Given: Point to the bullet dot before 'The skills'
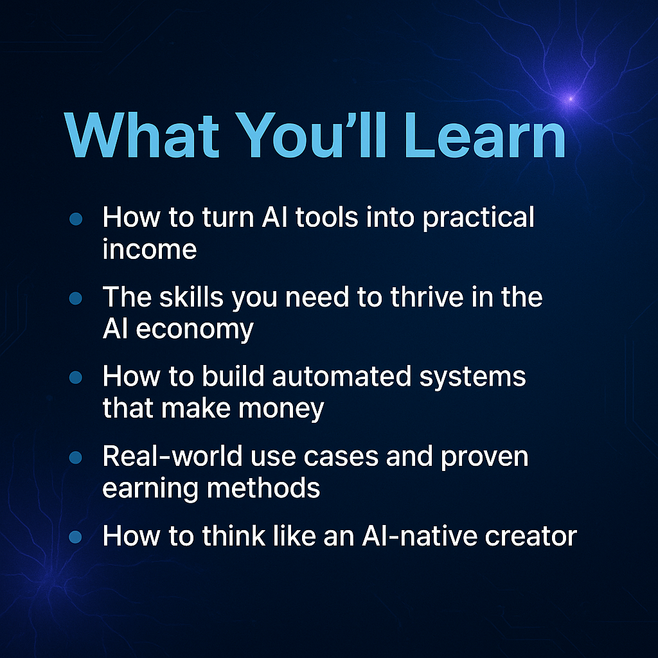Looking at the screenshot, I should [x=76, y=298].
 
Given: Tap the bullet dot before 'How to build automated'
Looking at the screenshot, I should [x=76, y=378].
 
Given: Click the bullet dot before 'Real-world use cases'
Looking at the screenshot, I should [x=76, y=458].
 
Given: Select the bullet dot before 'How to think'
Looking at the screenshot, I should [x=76, y=536].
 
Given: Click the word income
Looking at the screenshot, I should [x=149, y=249].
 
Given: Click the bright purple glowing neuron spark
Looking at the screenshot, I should [x=569, y=98].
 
